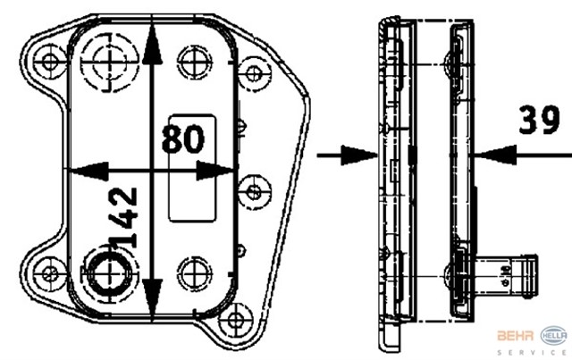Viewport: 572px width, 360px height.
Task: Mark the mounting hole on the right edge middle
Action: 254,190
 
